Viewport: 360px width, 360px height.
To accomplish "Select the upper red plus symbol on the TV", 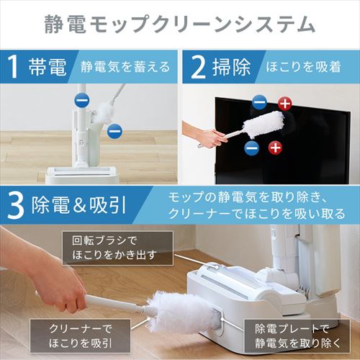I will point(285,104).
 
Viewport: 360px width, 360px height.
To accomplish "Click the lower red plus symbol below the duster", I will point(274,148).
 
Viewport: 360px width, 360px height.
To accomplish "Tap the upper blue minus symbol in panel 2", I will point(260,104).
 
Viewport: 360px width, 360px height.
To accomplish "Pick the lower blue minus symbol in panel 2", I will point(251,148).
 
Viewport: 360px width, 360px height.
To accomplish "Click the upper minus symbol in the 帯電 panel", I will point(84,101).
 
